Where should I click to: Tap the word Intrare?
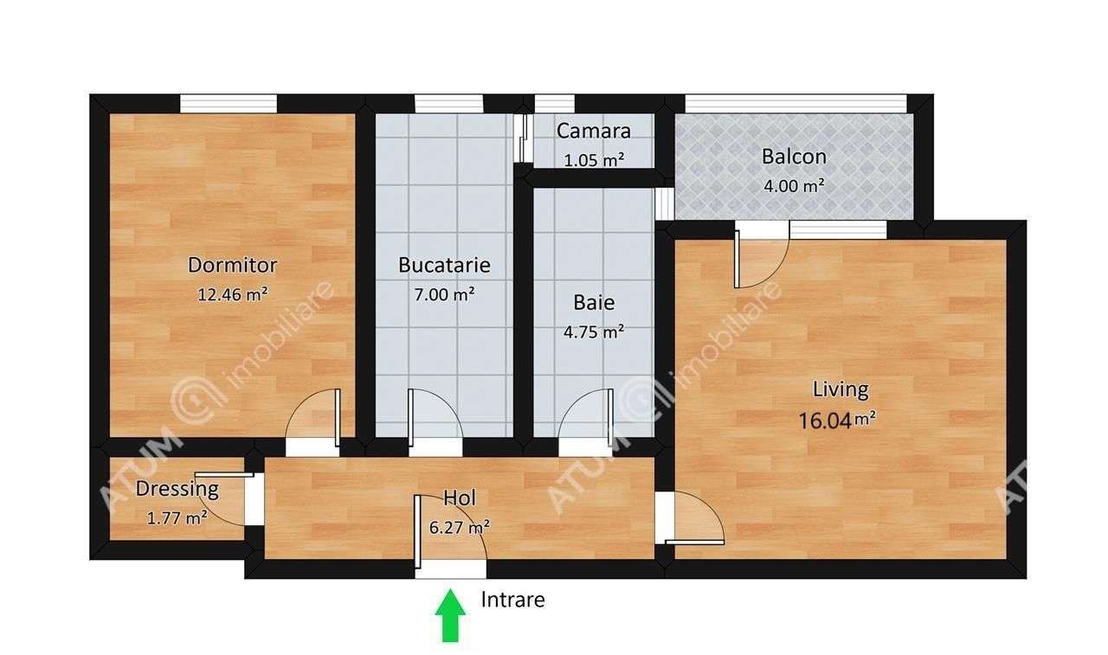(512, 599)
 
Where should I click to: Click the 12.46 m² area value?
(232, 293)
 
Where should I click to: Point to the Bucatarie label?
(444, 265)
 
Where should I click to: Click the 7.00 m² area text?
(444, 293)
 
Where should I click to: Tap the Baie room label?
(594, 302)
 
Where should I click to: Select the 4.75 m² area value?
(594, 331)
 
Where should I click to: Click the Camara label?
(593, 132)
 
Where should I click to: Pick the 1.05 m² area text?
(594, 159)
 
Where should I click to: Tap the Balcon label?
(794, 157)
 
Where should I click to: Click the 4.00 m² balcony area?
(794, 184)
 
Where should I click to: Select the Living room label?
(840, 389)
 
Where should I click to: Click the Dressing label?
(177, 488)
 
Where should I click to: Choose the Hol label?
(460, 498)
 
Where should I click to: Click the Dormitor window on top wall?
(229, 103)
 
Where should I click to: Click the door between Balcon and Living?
(762, 256)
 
